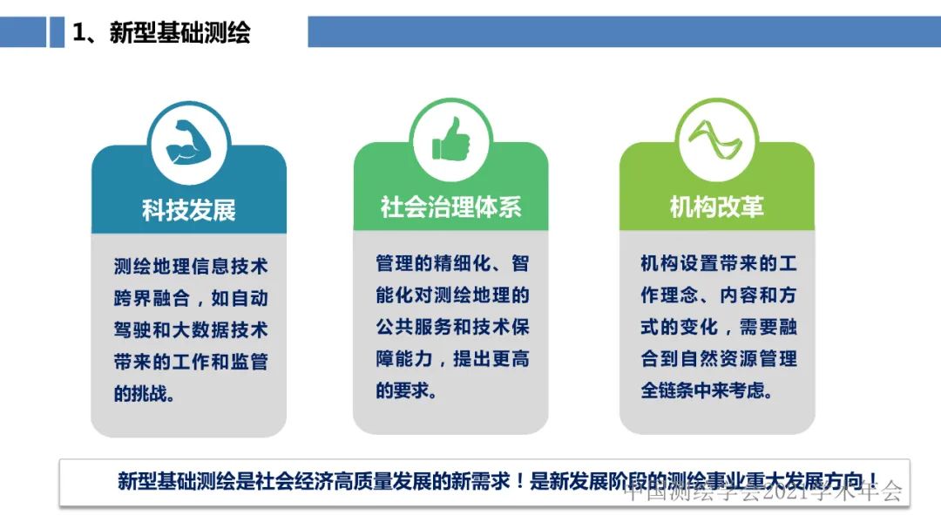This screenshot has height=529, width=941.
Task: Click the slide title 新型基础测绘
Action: (179, 32)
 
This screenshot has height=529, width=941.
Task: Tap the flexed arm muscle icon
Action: (189, 143)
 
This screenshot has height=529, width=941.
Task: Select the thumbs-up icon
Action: (450, 139)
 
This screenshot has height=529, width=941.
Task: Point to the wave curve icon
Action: (716, 140)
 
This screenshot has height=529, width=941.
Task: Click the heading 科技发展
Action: (189, 209)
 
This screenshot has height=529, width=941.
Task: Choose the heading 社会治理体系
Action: (450, 207)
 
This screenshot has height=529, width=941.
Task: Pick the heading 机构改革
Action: (716, 207)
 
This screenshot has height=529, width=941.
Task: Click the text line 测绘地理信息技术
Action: (191, 267)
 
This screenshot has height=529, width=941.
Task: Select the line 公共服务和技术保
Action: (452, 327)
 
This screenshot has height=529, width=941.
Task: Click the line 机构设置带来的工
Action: (718, 264)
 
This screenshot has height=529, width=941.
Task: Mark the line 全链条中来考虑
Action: (707, 390)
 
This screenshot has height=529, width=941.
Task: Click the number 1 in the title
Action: (78, 33)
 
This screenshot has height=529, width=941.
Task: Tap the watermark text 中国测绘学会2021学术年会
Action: (763, 492)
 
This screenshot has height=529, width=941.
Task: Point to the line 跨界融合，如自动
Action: (191, 298)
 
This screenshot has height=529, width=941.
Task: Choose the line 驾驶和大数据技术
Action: (191, 330)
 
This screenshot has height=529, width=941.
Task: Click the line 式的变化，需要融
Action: (718, 327)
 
